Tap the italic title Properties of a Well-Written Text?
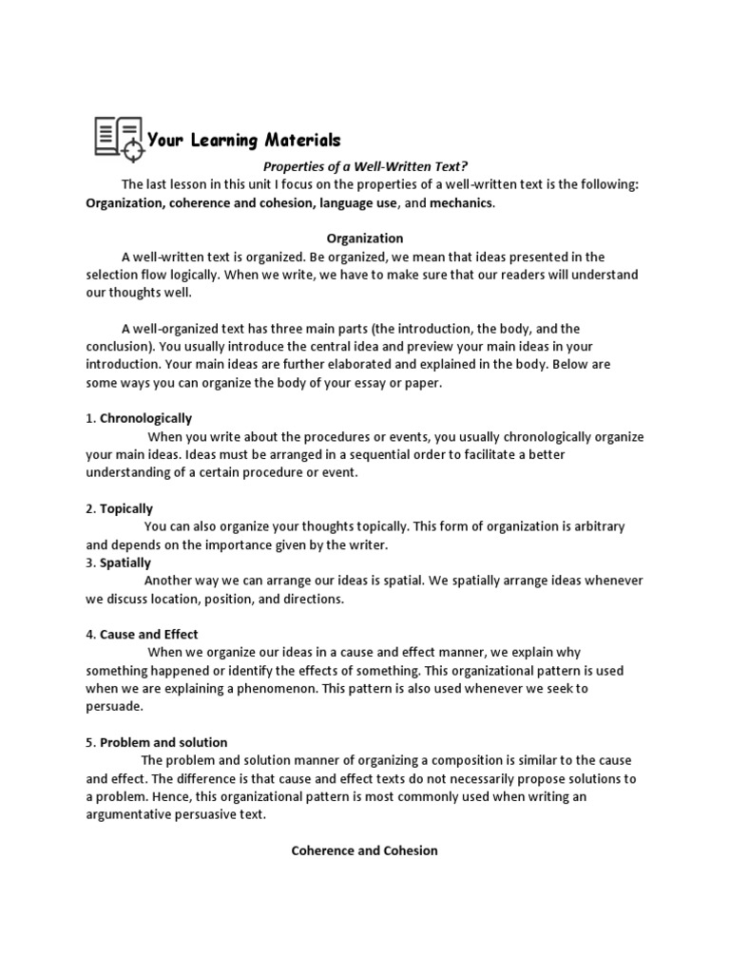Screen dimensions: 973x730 (365, 166)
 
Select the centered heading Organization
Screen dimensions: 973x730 (365, 238)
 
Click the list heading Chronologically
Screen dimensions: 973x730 (145, 418)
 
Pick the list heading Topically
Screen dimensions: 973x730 (126, 508)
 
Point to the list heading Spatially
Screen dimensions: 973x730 (125, 563)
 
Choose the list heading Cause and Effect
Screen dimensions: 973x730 (148, 634)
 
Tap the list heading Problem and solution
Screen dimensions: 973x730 (163, 742)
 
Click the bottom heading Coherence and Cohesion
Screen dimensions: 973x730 (365, 850)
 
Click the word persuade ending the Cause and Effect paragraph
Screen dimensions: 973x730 (114, 706)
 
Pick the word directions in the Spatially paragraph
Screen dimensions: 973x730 (311, 599)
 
